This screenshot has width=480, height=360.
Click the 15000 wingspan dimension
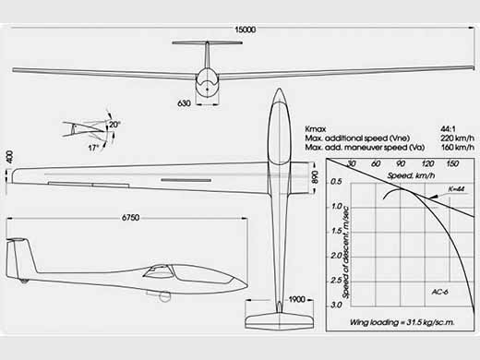click(x=246, y=30)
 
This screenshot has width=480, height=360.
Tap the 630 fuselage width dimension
click(x=184, y=103)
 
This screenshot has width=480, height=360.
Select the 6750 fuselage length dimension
click(x=131, y=218)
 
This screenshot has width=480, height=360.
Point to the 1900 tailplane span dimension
click(x=296, y=299)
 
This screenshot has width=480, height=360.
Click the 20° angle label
click(x=114, y=125)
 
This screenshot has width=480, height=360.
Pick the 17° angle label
click(x=93, y=148)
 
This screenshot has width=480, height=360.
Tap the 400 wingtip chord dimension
click(x=10, y=157)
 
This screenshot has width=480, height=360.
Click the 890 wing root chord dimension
click(x=315, y=177)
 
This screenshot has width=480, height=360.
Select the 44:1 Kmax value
click(x=448, y=129)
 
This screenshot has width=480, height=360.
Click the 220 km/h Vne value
click(x=457, y=138)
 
